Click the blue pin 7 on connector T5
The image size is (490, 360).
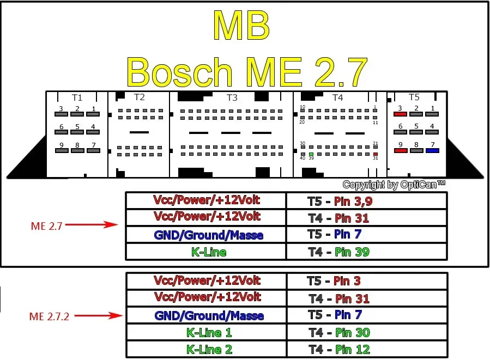click(x=432, y=150)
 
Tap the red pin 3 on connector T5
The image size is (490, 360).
click(x=400, y=114)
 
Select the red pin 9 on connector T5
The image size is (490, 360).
click(x=400, y=150)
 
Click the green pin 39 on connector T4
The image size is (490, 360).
click(x=311, y=154)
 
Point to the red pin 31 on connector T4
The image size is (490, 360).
click(x=375, y=154)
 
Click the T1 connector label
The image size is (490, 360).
click(x=77, y=97)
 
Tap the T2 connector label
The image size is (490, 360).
click(x=140, y=97)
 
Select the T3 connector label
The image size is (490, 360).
click(x=232, y=97)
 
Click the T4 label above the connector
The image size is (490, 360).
click(x=337, y=97)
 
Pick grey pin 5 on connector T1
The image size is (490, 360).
click(x=77, y=132)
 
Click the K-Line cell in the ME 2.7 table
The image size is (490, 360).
click(x=206, y=252)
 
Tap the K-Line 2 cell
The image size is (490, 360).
click(x=206, y=350)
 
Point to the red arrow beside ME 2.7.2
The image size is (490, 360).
click(x=98, y=315)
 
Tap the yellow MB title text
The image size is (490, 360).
click(x=240, y=26)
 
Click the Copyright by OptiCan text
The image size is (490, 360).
click(x=394, y=185)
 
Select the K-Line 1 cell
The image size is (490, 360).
click(x=206, y=332)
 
